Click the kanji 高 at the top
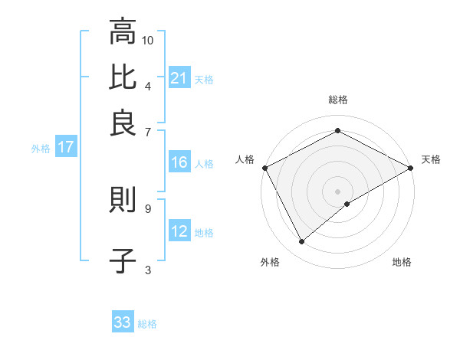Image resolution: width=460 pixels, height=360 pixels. pyautogui.click(x=123, y=33)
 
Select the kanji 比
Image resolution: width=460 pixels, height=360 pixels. pyautogui.click(x=123, y=77)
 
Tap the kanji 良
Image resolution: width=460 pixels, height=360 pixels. pyautogui.click(x=123, y=122)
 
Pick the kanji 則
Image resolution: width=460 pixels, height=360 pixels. pyautogui.click(x=123, y=201)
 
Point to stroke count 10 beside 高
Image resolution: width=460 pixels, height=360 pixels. pyautogui.click(x=149, y=39)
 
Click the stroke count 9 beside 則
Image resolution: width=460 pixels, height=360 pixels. pyautogui.click(x=148, y=207)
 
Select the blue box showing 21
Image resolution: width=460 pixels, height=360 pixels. pyautogui.click(x=179, y=77)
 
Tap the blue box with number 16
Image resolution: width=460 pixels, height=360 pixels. pyautogui.click(x=179, y=162)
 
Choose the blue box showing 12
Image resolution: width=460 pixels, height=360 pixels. pyautogui.click(x=179, y=231)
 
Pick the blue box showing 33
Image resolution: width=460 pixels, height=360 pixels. pyautogui.click(x=123, y=322)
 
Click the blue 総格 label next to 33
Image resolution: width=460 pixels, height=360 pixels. pyautogui.click(x=147, y=324)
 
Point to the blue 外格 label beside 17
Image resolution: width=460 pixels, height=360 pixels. pyautogui.click(x=41, y=149)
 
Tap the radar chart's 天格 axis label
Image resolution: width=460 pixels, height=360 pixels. pyautogui.click(x=431, y=159)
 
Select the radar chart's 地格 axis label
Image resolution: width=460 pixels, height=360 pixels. pyautogui.click(x=402, y=263)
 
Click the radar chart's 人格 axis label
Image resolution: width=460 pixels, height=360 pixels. pyautogui.click(x=245, y=159)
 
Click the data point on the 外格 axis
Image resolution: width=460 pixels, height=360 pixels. pyautogui.click(x=301, y=241)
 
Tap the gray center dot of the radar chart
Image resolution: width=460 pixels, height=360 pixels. pyautogui.click(x=337, y=191)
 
